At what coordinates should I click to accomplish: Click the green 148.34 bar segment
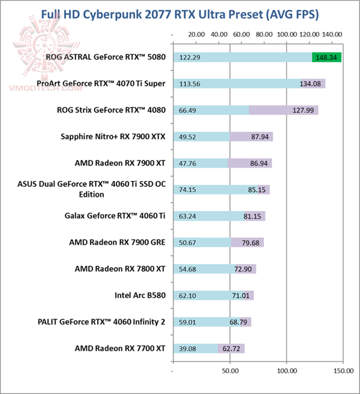[326, 57]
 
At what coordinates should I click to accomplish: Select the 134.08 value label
[311, 84]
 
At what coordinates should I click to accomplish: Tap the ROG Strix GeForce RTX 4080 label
[111, 110]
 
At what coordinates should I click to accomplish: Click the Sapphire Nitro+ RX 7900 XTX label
[112, 136]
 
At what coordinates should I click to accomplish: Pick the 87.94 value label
[261, 136]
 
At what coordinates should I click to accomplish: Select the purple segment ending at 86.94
[249, 163]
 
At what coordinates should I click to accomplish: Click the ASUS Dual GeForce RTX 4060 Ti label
[91, 189]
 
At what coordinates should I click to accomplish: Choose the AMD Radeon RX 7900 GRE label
[117, 242]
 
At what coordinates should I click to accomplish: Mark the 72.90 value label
[244, 269]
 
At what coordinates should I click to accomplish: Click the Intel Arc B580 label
[139, 295]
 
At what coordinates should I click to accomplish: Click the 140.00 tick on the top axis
[332, 35]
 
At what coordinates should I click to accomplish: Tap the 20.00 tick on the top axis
[195, 35]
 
